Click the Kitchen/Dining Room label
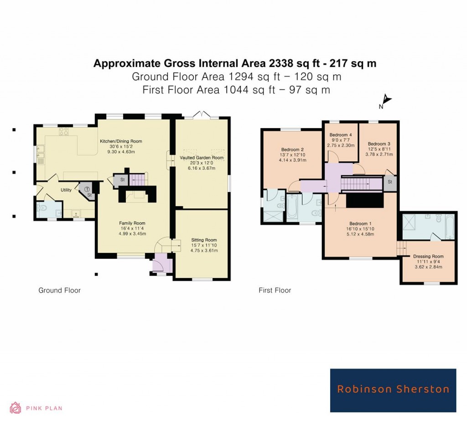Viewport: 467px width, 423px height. pyautogui.click(x=118, y=141)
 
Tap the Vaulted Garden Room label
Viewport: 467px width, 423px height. pyautogui.click(x=201, y=158)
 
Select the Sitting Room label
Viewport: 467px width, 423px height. pyautogui.click(x=204, y=240)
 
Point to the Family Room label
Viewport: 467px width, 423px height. pyautogui.click(x=132, y=223)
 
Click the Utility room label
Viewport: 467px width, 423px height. pyautogui.click(x=66, y=190)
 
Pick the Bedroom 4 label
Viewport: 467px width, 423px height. pyautogui.click(x=341, y=134)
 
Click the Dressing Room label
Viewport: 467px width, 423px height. pyautogui.click(x=428, y=257)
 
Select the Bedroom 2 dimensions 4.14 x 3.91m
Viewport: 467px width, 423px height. pyautogui.click(x=293, y=161)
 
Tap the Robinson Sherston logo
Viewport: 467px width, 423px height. pyautogui.click(x=393, y=390)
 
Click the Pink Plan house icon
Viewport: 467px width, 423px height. pyautogui.click(x=16, y=408)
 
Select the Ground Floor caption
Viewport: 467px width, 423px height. pyautogui.click(x=59, y=290)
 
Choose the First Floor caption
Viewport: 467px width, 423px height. pyautogui.click(x=275, y=290)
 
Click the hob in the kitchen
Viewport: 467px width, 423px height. pyautogui.click(x=63, y=132)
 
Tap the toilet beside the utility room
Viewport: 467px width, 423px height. pyautogui.click(x=43, y=210)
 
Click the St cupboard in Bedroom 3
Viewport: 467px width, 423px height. pyautogui.click(x=390, y=182)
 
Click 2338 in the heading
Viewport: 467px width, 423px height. pyautogui.click(x=254, y=63)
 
